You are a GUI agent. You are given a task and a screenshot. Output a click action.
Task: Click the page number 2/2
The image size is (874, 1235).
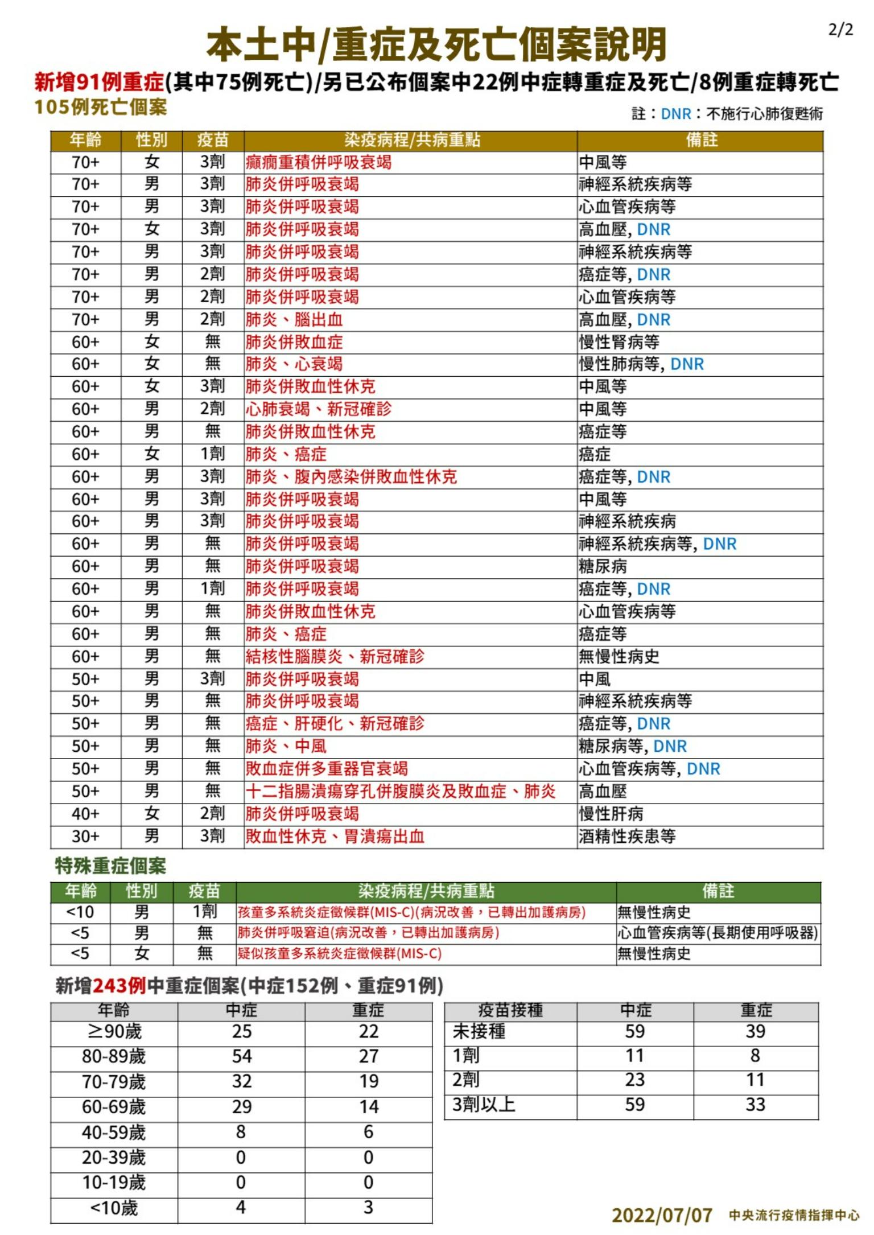840,30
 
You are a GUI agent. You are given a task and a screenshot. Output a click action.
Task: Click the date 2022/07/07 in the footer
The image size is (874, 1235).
662,1215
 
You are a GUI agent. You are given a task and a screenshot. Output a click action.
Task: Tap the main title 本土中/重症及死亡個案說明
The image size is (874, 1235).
436,46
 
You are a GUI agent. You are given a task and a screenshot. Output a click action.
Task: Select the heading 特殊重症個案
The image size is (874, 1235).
110,866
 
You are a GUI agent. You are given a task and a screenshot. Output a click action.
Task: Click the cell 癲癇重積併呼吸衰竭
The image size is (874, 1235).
319,162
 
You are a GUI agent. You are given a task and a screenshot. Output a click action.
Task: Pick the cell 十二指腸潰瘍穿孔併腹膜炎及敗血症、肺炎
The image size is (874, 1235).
401,791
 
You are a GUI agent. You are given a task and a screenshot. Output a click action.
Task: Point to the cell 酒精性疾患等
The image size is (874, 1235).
627,836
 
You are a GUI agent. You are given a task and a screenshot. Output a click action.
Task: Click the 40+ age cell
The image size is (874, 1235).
85,814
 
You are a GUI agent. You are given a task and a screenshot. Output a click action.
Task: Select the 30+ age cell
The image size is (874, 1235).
85,836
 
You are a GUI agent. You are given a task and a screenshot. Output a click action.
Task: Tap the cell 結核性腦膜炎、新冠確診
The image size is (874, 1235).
335,656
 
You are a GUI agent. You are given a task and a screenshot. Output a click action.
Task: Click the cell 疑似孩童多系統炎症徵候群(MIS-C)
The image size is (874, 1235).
340,953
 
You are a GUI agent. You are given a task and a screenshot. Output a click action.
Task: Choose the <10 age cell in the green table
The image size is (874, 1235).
80,912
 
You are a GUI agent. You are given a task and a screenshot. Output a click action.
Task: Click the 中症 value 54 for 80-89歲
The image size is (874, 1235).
241,1056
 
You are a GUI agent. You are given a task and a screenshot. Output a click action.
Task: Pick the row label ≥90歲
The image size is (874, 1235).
114,1031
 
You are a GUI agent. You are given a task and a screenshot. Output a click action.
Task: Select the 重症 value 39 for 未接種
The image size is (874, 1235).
755,1031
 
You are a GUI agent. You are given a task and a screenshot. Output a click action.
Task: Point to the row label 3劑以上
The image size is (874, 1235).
484,1105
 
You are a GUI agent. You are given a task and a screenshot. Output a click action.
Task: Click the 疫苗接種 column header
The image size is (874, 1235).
510,1010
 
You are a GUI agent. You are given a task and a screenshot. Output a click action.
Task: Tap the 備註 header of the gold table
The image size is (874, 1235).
701,140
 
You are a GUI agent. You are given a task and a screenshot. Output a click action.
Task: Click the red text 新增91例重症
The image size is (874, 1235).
100,82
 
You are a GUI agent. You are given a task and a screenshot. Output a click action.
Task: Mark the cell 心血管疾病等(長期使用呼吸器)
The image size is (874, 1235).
718,933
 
